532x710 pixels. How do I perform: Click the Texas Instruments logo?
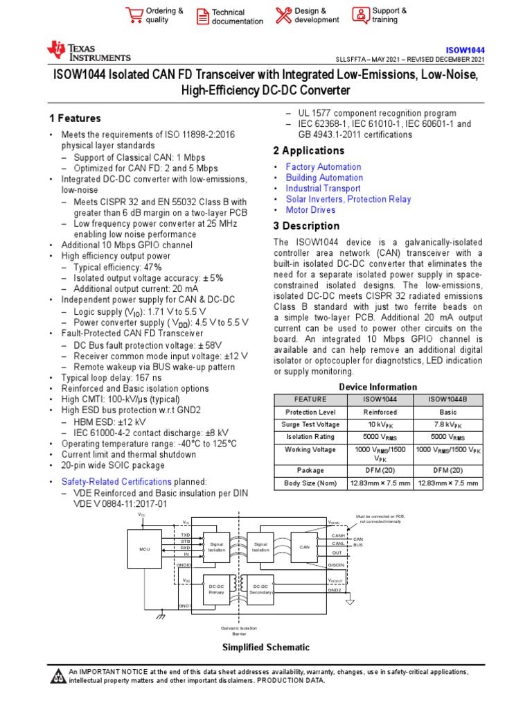pos(88,51)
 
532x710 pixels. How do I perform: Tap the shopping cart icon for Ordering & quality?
pos(134,15)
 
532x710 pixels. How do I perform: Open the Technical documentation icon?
pos(202,16)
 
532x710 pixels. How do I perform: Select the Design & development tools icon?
pos(283,15)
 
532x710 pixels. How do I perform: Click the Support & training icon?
pos(361,15)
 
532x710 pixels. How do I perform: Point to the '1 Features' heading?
pos(75,119)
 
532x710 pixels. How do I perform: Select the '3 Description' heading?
pos(306,226)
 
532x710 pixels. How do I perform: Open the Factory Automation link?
pos(323,167)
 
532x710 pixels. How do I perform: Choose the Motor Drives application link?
pos(310,210)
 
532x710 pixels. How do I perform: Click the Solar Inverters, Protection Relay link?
pos(348,199)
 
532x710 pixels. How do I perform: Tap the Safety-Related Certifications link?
pos(116,481)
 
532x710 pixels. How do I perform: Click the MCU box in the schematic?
pos(144,548)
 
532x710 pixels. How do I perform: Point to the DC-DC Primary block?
pos(216,589)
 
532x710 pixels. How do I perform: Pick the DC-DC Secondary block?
pos(260,589)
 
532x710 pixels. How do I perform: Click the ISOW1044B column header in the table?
pos(447,399)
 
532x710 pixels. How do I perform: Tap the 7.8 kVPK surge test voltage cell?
pos(447,424)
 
